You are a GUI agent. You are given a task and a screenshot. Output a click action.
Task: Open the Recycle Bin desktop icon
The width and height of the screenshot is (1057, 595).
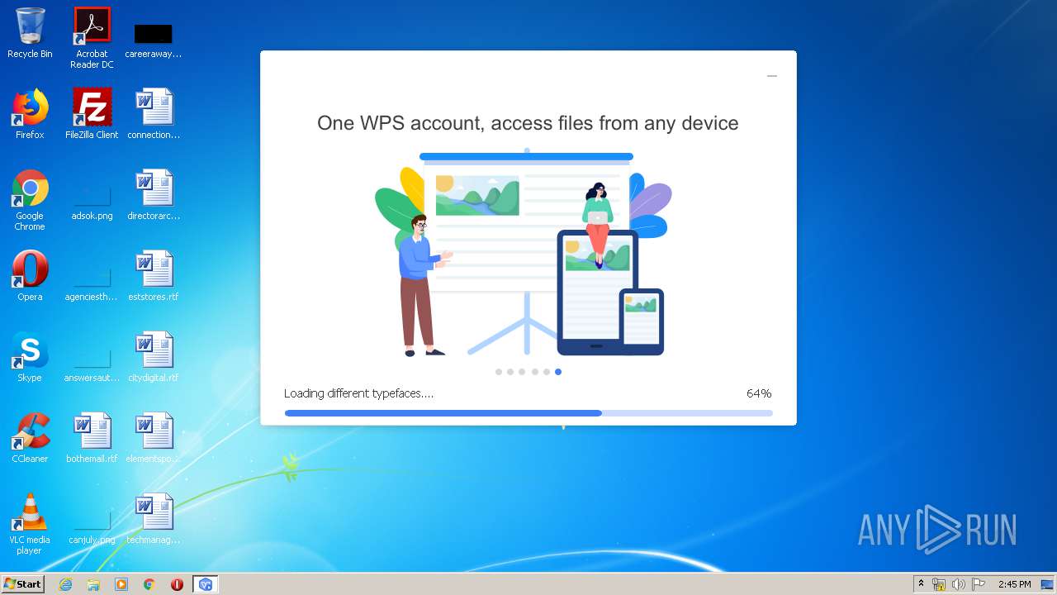coord(30,27)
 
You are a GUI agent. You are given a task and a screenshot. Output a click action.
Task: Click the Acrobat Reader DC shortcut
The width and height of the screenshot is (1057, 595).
coord(92,27)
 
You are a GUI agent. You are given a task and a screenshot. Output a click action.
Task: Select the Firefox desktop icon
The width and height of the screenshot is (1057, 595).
coord(30,108)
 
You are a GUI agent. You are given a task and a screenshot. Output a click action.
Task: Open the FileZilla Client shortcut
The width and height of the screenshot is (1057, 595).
coord(92,108)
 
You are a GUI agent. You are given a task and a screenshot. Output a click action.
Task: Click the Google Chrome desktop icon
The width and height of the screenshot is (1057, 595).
coord(30,189)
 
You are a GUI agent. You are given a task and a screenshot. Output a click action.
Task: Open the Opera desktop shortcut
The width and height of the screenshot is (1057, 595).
coord(30,270)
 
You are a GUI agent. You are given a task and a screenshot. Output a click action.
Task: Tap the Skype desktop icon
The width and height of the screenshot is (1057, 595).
coord(30,351)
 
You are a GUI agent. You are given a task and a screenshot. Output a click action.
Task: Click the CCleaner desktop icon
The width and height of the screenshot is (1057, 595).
coord(30,432)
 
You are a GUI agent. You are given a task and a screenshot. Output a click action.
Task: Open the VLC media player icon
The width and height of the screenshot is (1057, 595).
coord(30,513)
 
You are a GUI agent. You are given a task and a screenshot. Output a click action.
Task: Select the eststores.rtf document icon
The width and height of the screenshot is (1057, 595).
coord(154,270)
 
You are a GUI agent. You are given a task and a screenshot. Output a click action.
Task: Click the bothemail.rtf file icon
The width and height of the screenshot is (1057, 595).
coord(92,432)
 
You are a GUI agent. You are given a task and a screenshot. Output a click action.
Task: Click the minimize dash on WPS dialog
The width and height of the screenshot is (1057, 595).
coord(772,76)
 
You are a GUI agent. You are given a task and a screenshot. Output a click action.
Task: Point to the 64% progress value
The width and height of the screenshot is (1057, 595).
coord(759,393)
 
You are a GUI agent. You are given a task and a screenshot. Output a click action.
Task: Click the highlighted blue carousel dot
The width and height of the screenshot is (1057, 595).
coord(558,372)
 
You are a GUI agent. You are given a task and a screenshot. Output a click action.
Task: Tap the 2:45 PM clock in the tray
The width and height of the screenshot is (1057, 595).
coord(1014,584)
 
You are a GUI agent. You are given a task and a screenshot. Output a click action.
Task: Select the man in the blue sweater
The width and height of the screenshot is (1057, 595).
coord(419,281)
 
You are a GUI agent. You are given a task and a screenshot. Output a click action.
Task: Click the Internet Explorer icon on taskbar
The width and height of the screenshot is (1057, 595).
coord(65,584)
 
